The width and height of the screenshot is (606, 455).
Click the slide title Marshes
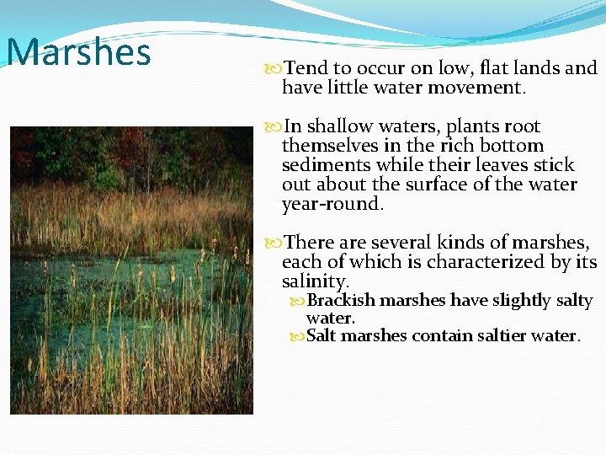78,51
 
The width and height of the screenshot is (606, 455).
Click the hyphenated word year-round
332,204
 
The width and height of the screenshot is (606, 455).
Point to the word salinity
315,281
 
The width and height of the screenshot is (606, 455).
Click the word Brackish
342,301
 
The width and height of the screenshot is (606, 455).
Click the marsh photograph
130,270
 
